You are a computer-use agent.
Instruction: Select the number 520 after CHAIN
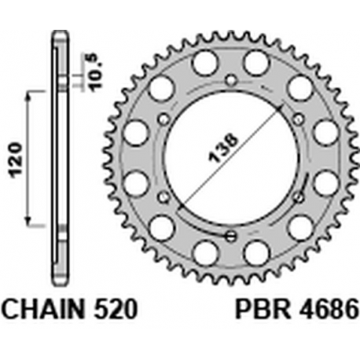coord(116,309)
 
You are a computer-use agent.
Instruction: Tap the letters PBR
coord(263,309)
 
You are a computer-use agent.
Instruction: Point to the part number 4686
coord(329,309)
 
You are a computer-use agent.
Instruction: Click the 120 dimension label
coord(16,160)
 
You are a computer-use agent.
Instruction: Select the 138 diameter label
coord(223,149)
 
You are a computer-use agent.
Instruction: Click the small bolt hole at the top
coord(231,79)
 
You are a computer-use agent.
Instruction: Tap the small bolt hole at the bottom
coord(231,236)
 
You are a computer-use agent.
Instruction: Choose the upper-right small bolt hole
coord(299,119)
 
